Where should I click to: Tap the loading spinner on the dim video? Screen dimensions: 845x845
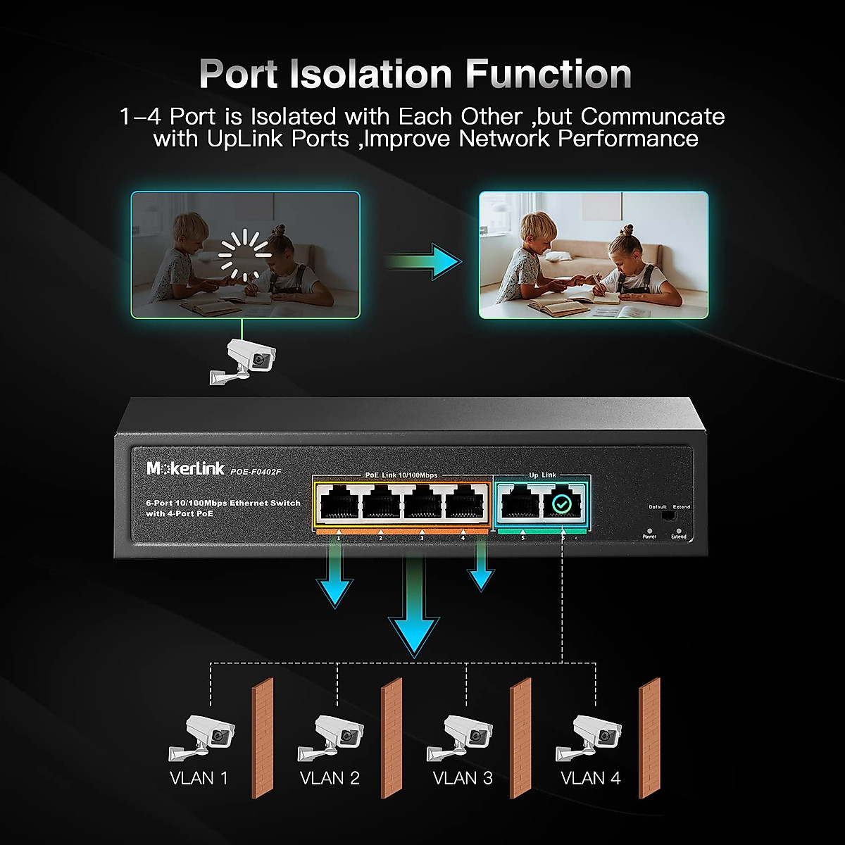coord(244,254)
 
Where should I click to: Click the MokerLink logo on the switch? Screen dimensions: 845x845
coord(185,468)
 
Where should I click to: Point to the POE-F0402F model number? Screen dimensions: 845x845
coord(256,471)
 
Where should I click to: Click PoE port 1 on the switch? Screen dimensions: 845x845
coord(339,503)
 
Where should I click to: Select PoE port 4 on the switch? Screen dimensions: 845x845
coord(464,503)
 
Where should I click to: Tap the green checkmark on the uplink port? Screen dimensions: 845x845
coord(562,503)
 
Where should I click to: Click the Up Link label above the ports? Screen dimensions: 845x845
coord(542,475)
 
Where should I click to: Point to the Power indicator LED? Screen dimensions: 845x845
coord(649,529)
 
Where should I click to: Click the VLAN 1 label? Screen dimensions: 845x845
coord(199,778)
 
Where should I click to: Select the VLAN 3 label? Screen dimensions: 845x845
coord(463,778)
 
